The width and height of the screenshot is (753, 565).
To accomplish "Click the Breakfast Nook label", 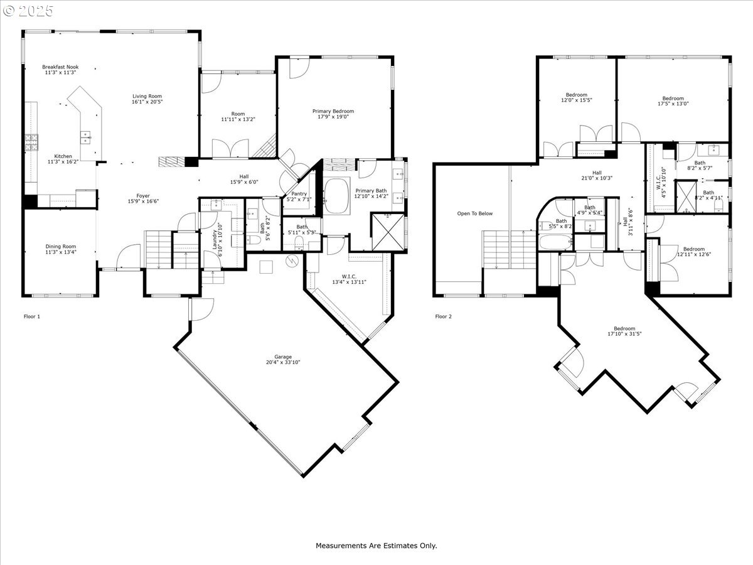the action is coord(60,67).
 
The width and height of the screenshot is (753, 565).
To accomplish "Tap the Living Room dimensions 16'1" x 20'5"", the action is coord(147,102).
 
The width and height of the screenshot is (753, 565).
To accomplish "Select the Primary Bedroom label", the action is coord(333,111).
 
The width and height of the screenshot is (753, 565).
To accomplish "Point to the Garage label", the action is coord(283,357).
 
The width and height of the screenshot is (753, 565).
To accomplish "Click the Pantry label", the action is coord(299,194).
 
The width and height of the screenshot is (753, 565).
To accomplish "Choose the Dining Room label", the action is coord(61,246).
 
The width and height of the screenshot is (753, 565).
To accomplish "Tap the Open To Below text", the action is coord(475,213).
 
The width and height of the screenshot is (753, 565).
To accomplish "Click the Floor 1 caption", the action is coord(32,316).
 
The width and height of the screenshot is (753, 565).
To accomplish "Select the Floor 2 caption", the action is coord(444,316).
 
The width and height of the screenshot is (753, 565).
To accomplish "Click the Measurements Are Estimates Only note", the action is coord(376,546).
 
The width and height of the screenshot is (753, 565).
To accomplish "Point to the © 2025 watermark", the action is coord(28,11).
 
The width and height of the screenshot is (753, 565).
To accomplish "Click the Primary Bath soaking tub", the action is coord(337,196).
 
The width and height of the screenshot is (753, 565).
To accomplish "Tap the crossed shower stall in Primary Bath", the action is coord(388,232).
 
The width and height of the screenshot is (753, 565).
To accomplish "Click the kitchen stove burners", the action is coord(31,143).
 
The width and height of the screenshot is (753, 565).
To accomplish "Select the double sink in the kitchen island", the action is coord(86,137).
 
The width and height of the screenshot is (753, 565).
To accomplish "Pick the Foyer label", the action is coord(143,196).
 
